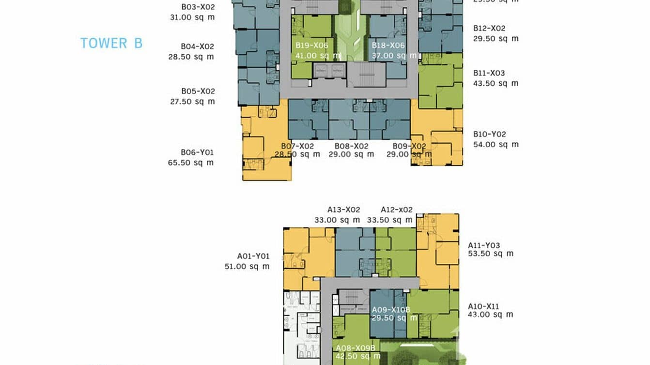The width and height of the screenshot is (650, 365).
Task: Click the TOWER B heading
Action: (111, 43)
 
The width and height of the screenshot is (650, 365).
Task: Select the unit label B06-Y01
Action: (197, 152)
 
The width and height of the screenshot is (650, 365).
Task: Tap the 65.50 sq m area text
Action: (191, 163)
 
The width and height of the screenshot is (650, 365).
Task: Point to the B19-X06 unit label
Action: (312, 45)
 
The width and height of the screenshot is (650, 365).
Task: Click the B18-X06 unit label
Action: (388, 45)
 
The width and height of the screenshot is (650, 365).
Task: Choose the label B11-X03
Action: (489, 73)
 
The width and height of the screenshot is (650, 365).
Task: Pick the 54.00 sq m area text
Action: (496, 144)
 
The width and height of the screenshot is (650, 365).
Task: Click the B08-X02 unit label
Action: (352, 146)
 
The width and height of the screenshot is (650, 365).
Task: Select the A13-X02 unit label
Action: (344, 210)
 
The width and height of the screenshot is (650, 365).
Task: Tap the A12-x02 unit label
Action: (397, 210)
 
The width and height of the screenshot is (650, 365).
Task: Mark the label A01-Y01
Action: (253, 256)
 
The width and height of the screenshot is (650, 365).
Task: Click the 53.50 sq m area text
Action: (491, 254)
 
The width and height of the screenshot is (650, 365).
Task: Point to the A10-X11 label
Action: (483, 306)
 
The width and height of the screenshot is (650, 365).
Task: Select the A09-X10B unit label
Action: (391, 309)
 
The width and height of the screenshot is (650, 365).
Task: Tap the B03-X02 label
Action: (198, 7)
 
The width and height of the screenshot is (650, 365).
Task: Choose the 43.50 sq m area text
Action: (496, 83)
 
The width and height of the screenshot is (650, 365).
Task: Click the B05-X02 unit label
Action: (198, 91)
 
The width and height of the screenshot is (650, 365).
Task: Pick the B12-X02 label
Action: (489, 29)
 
